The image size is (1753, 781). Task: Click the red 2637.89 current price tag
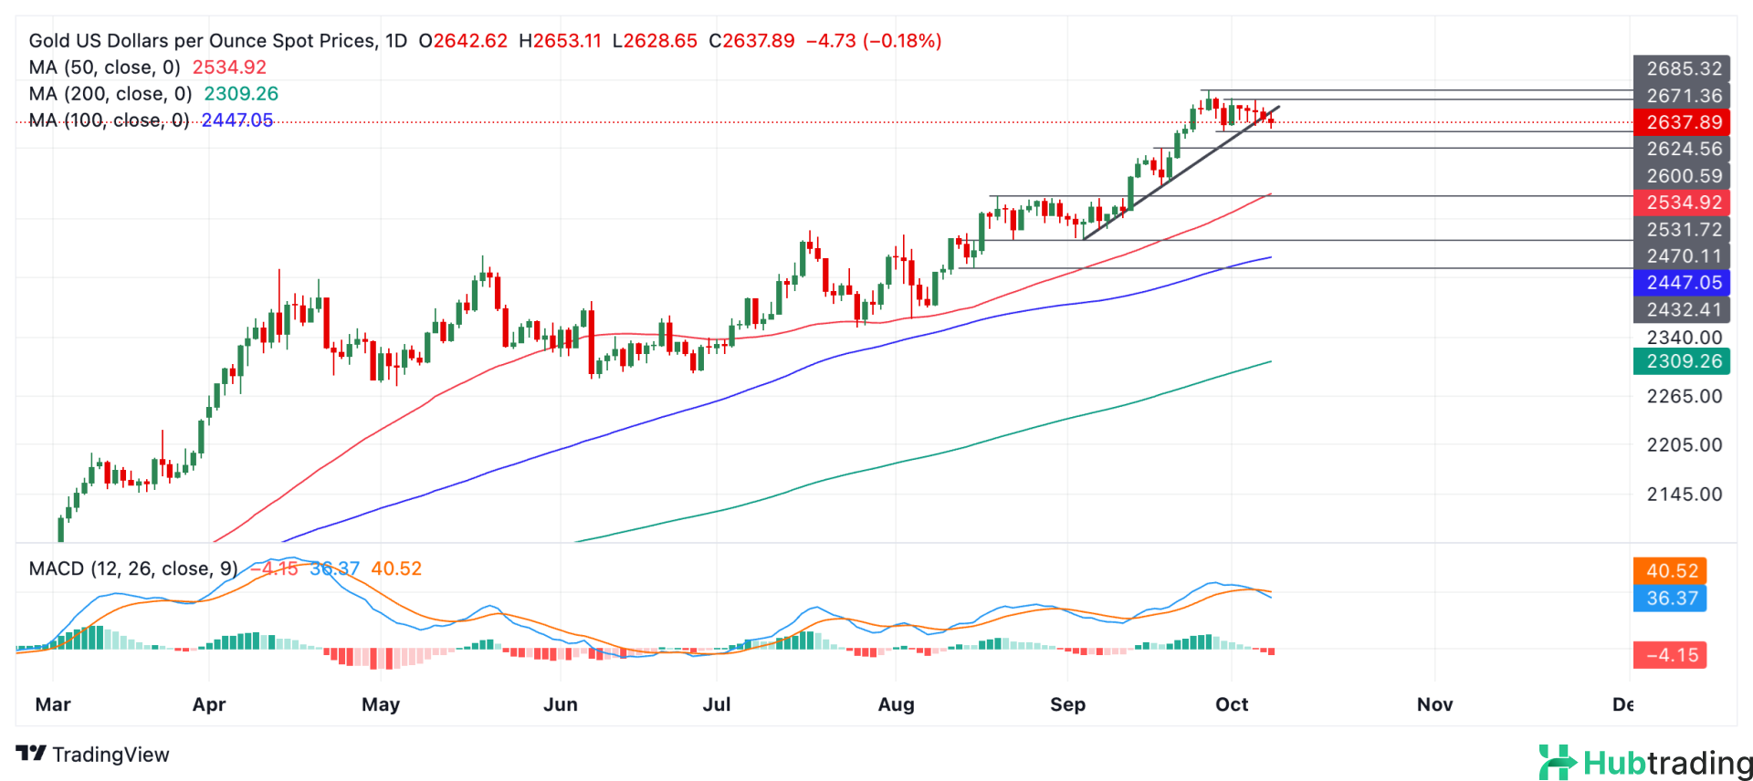pos(1682,122)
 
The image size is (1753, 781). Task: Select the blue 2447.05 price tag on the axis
pos(1682,283)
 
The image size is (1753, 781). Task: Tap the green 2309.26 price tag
pos(1682,361)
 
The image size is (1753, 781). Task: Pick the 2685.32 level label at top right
pos(1682,68)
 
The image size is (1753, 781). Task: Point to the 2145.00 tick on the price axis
pos(1684,495)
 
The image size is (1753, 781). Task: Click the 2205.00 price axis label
pos(1684,445)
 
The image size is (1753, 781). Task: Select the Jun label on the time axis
pos(560,704)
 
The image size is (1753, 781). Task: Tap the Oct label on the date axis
pos(1232,704)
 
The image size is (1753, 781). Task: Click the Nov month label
pos(1434,704)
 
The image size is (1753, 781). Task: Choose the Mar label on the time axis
pos(53,704)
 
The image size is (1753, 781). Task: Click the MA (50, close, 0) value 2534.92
pos(229,68)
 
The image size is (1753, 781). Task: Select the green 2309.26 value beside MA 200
pos(241,94)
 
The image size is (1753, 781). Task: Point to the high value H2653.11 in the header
pos(560,41)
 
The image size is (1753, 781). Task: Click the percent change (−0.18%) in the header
pos(902,41)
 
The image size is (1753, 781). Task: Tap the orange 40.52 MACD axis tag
pos(1671,571)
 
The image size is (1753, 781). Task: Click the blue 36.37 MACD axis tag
pos(1671,599)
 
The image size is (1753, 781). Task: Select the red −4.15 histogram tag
pos(1671,655)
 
